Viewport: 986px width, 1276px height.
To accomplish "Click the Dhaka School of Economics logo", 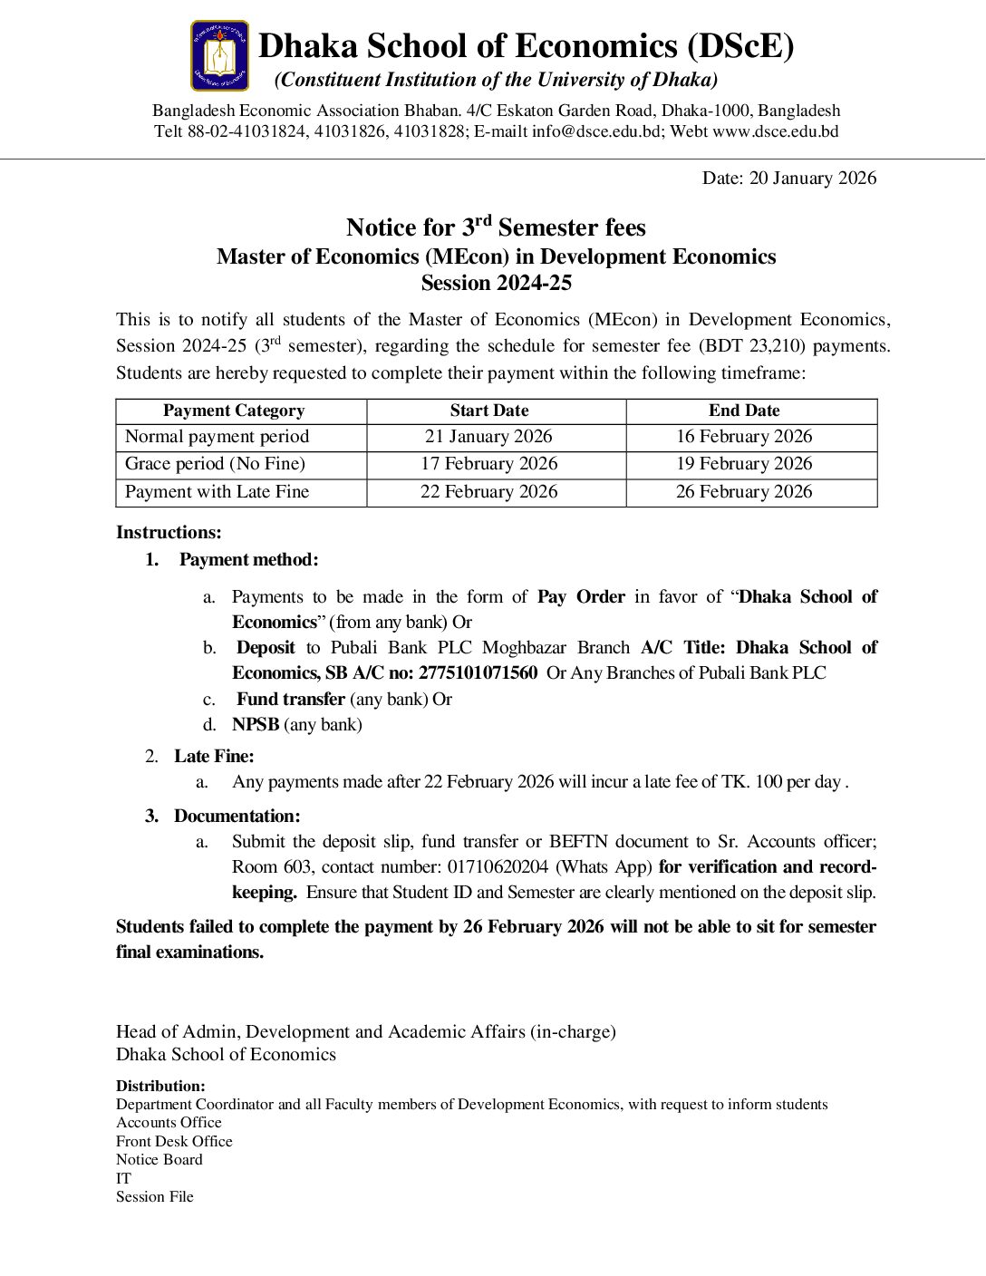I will pyautogui.click(x=219, y=56).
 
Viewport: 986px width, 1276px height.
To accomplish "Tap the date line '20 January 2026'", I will pyautogui.click(x=789, y=179).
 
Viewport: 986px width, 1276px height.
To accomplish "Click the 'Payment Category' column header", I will pyautogui.click(x=234, y=411).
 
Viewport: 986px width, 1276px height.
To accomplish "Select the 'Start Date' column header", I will pyautogui.click(x=489, y=411).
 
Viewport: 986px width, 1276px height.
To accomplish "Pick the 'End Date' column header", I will pyautogui.click(x=744, y=411).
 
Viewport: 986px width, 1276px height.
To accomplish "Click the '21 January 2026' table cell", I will pyautogui.click(x=488, y=437).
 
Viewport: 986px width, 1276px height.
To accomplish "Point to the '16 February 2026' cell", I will pyautogui.click(x=744, y=437).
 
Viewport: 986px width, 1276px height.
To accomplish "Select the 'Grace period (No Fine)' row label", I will pyautogui.click(x=215, y=464).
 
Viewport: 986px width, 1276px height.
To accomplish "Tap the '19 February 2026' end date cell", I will pyautogui.click(x=744, y=464).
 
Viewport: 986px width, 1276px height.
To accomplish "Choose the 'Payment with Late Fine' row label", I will pyautogui.click(x=217, y=492).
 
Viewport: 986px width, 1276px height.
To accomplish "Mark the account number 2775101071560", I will pyautogui.click(x=478, y=673).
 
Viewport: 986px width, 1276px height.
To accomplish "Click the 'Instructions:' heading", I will pyautogui.click(x=169, y=533).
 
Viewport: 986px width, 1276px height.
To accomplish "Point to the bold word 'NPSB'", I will pyautogui.click(x=256, y=725).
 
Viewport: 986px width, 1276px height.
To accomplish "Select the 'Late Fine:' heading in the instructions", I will pyautogui.click(x=214, y=757).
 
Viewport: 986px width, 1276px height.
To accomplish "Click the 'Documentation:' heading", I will pyautogui.click(x=237, y=817).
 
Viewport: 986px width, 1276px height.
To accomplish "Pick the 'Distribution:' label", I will pyautogui.click(x=160, y=1086).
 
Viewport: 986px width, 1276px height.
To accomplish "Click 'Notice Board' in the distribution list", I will pyautogui.click(x=159, y=1160).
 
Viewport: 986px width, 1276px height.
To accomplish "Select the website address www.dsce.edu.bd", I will pyautogui.click(x=776, y=131).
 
